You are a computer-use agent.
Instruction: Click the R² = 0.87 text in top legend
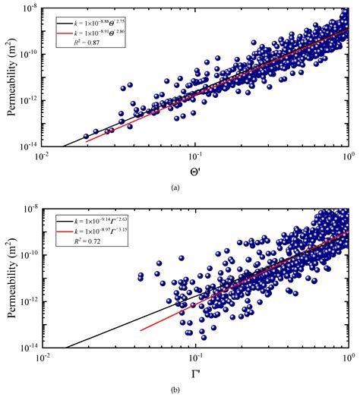(x=93, y=44)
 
